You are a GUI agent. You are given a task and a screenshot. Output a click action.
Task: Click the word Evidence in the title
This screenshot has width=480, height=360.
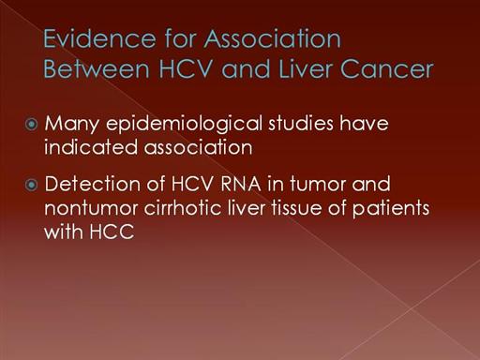(99, 38)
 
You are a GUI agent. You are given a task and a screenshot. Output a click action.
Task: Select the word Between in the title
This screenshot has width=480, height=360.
(97, 68)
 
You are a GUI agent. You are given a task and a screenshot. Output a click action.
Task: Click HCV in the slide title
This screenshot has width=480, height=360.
(186, 68)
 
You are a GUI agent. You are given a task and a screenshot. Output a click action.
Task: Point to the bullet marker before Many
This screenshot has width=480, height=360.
(31, 125)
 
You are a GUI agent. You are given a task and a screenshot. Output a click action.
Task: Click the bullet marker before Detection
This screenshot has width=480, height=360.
(31, 185)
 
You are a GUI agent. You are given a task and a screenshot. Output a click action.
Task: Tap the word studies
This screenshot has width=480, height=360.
(301, 123)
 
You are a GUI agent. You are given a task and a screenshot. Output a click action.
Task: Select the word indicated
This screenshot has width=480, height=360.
(91, 147)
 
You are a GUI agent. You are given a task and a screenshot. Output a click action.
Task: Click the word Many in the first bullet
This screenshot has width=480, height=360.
(72, 124)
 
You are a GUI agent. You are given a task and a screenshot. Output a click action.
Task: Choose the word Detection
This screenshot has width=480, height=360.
(93, 184)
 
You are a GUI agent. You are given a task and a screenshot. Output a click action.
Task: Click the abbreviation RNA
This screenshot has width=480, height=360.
(241, 184)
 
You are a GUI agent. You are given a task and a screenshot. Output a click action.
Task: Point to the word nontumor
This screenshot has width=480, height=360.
(91, 208)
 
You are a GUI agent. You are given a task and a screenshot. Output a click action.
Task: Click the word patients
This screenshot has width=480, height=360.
(391, 208)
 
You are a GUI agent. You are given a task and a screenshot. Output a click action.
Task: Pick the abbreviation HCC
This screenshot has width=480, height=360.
(112, 232)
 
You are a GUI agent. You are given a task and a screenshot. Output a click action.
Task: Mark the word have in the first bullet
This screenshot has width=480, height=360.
(364, 123)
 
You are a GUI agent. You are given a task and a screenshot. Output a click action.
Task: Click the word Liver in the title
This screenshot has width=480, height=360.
(305, 68)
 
